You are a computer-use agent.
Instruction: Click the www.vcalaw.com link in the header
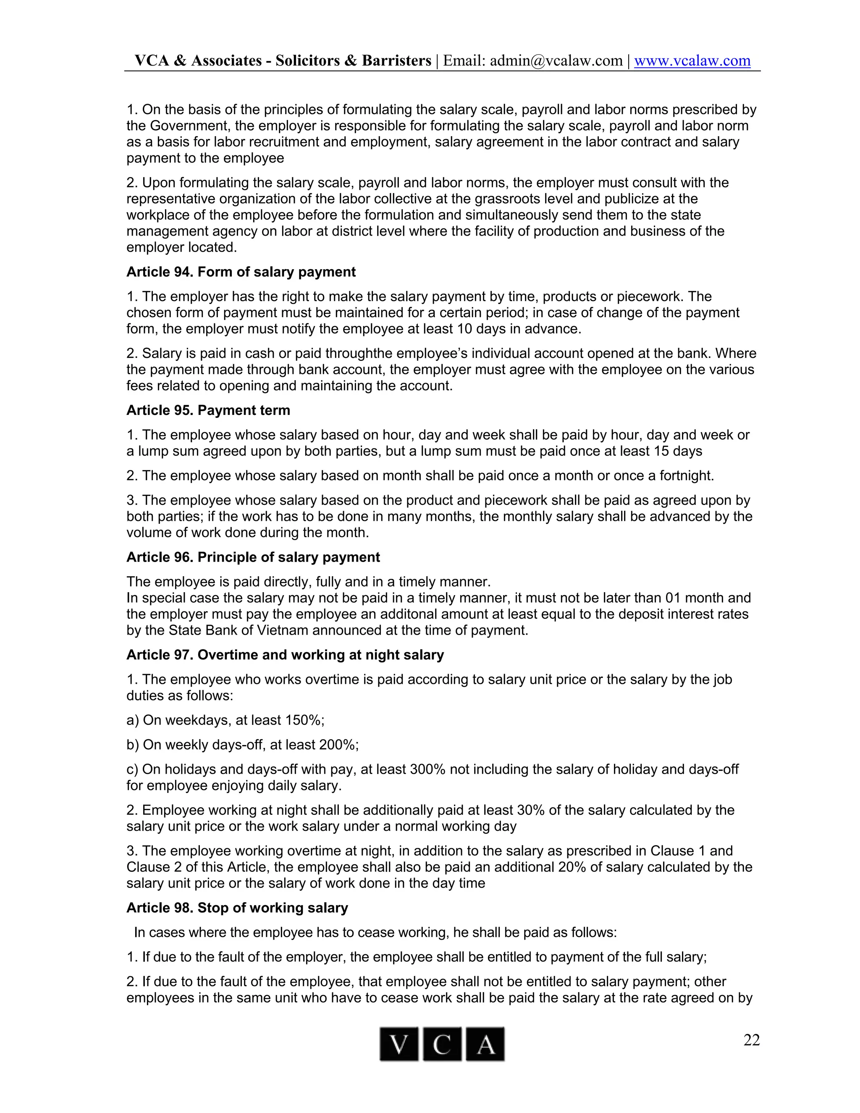[x=692, y=60]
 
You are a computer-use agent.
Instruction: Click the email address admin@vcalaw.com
[x=556, y=60]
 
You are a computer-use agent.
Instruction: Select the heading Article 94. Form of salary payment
[x=241, y=272]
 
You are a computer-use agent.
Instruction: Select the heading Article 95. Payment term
[x=208, y=410]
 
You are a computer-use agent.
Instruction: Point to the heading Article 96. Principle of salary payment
[x=253, y=557]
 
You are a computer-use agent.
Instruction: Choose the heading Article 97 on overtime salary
[x=285, y=655]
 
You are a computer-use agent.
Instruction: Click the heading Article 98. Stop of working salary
[x=237, y=908]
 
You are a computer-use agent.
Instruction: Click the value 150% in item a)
[x=304, y=720]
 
